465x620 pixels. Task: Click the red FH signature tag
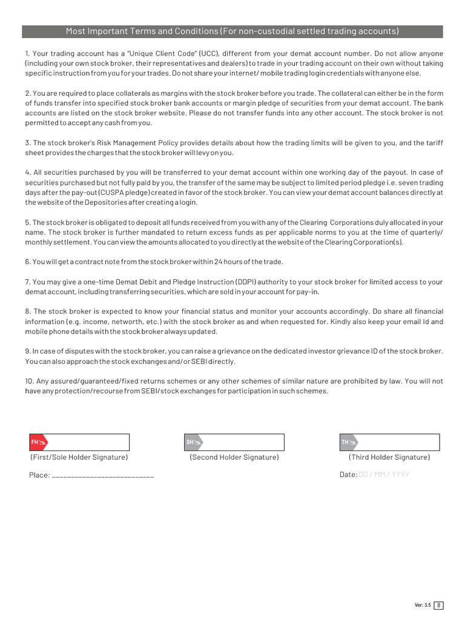pyautogui.click(x=38, y=443)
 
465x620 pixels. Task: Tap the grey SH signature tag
pyautogui.click(x=193, y=443)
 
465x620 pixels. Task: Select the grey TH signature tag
pyautogui.click(x=348, y=443)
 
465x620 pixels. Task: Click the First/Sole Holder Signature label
pyautogui.click(x=79, y=457)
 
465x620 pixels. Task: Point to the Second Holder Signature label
pyautogui.click(x=234, y=457)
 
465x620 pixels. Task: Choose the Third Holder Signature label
pyautogui.click(x=389, y=457)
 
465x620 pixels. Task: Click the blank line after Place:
pyautogui.click(x=103, y=475)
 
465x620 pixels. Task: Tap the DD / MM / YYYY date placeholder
pyautogui.click(x=384, y=475)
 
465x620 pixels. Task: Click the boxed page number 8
pyautogui.click(x=439, y=605)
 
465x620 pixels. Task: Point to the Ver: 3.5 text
pyautogui.click(x=422, y=605)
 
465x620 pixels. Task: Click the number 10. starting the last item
pyautogui.click(x=30, y=381)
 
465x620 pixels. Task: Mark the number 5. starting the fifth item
pyautogui.click(x=28, y=223)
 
